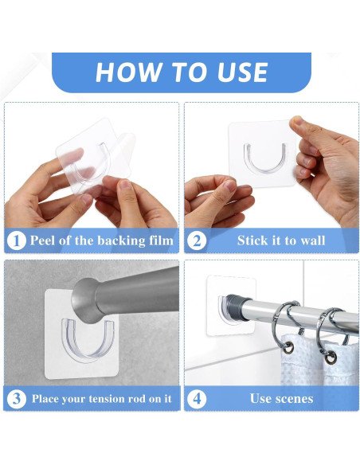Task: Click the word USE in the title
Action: coord(236,72)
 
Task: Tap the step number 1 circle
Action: coord(17,240)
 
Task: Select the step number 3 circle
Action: coord(17,398)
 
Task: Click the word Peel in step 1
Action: coord(45,240)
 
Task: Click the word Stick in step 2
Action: coord(254,240)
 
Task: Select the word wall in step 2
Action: coord(310,240)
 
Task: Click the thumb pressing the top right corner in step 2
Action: coord(298,128)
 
